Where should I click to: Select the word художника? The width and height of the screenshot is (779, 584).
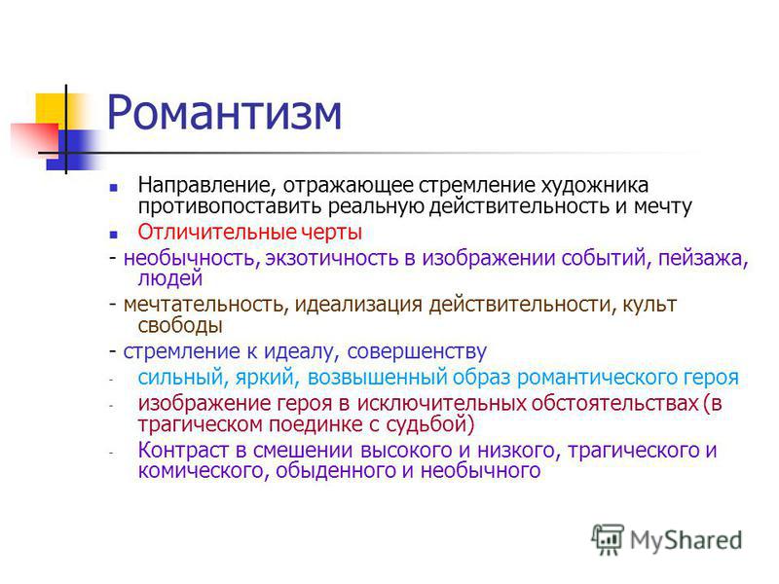[x=594, y=186]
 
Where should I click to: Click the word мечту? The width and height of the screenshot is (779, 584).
[x=663, y=206]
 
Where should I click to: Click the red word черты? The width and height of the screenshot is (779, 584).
[x=332, y=233]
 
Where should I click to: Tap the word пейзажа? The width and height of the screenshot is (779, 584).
[x=703, y=259]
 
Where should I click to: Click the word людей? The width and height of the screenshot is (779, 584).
[x=169, y=278]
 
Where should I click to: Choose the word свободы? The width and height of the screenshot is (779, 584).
[x=180, y=325]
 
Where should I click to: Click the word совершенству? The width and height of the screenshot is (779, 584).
[x=417, y=351]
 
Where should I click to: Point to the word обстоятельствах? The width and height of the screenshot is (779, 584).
[x=615, y=403]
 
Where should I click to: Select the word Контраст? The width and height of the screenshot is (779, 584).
[x=184, y=451]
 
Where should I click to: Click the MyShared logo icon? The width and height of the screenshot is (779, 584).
[x=608, y=539]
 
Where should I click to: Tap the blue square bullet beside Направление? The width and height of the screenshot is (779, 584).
[x=114, y=187]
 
